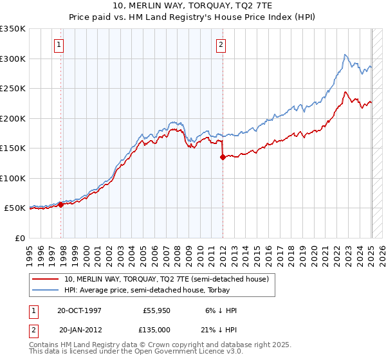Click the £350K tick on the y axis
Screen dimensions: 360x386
click(13, 29)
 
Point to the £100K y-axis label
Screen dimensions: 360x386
click(13, 178)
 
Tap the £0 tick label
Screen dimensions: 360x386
click(21, 238)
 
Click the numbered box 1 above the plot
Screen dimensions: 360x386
click(59, 45)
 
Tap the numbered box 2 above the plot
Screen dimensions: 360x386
click(221, 45)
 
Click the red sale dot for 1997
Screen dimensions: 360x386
click(61, 204)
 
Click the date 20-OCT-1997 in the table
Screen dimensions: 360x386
click(79, 310)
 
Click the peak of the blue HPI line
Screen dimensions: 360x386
click(345, 55)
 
